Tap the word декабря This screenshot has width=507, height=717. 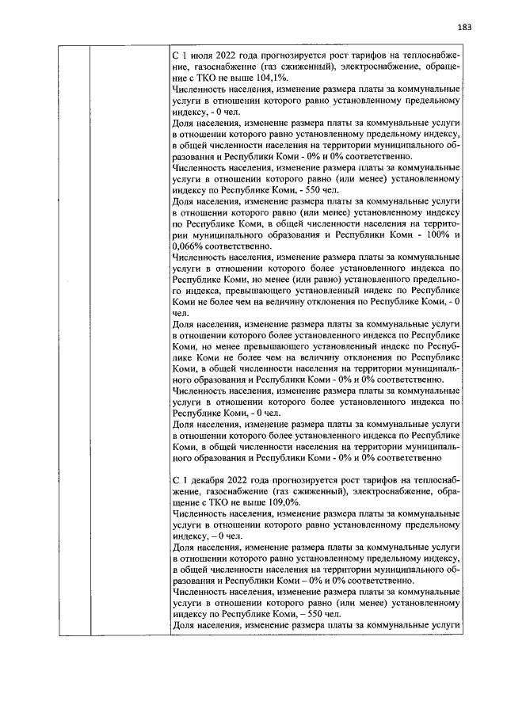[207, 481]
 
